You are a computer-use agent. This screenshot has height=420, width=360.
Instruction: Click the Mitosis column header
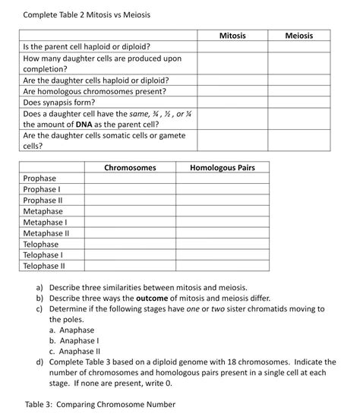(232, 36)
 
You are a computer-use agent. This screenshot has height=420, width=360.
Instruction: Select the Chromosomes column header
(130, 167)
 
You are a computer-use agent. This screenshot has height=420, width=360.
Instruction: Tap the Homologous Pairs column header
(222, 167)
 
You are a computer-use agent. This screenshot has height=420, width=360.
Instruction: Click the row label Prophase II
(44, 201)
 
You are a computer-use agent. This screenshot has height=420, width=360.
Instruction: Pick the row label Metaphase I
(46, 223)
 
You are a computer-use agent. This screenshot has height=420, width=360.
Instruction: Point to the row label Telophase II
(44, 267)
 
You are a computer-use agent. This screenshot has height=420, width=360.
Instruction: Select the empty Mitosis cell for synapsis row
(232, 102)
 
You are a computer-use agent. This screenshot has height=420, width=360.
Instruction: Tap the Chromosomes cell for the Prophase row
(130, 178)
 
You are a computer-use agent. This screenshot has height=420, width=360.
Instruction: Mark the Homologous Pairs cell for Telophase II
(222, 267)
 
